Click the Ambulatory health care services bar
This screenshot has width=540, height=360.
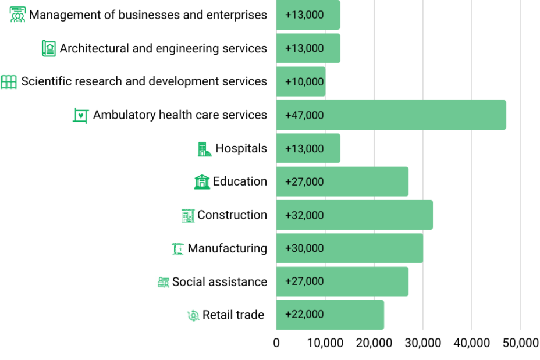(391, 115)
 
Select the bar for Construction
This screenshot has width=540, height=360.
(354, 215)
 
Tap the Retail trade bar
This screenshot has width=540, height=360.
(330, 315)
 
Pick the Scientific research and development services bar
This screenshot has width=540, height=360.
(301, 82)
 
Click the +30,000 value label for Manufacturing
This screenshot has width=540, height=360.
(304, 248)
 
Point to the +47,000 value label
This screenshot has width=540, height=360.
(304, 115)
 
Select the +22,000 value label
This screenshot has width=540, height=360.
(304, 315)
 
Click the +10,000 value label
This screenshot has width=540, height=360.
(304, 82)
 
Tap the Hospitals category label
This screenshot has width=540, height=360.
(241, 148)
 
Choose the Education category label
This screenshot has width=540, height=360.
(240, 181)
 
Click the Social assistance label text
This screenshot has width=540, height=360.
(219, 282)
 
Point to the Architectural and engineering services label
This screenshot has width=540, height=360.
(163, 48)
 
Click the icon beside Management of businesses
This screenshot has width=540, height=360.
(17, 15)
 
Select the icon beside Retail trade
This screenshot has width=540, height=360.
(193, 315)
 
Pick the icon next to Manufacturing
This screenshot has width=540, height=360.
(177, 249)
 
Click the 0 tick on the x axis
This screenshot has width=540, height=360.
(276, 343)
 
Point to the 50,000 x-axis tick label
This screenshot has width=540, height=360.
(520, 343)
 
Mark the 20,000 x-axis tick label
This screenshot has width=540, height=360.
(374, 343)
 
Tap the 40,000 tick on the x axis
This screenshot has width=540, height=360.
(471, 343)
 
